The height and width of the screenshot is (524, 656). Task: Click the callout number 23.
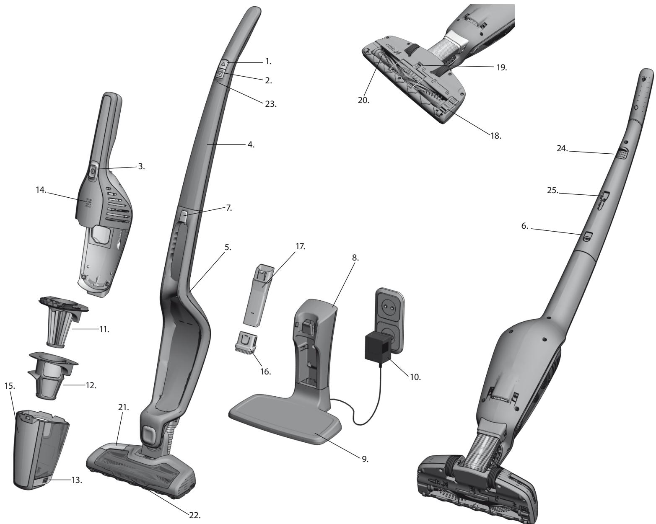coord(270,104)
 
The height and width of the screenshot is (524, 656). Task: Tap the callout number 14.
coord(41,190)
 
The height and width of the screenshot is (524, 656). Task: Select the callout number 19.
coord(501,67)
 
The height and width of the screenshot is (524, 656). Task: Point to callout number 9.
coord(365,459)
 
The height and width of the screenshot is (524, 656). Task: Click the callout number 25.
coord(552,191)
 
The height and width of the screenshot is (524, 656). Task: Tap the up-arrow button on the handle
coord(223,64)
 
